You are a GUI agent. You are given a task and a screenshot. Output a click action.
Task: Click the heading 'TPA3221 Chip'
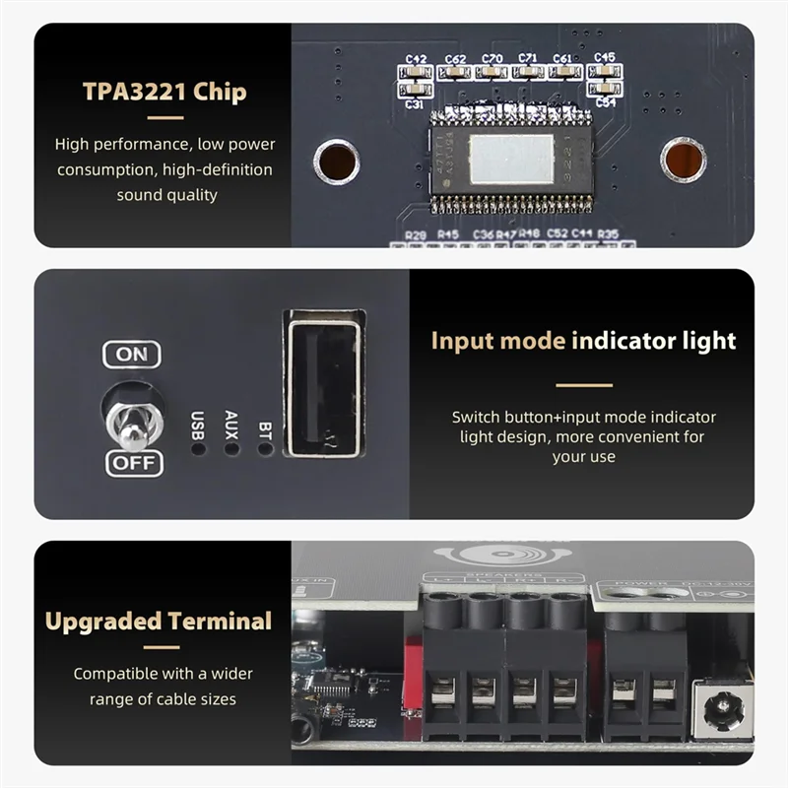(164, 93)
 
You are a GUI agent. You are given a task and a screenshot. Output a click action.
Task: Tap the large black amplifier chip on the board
(510, 159)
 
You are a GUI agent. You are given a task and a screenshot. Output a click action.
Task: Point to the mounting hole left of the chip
(336, 160)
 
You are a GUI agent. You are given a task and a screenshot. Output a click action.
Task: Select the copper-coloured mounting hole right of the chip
(682, 160)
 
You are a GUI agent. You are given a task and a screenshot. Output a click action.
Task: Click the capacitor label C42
(415, 59)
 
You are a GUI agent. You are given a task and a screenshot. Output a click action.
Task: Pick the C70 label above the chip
(492, 59)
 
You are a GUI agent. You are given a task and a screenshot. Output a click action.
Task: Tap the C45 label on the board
(604, 58)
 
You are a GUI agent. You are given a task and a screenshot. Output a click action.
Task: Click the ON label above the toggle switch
(132, 354)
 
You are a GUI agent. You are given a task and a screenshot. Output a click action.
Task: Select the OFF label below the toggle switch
(134, 462)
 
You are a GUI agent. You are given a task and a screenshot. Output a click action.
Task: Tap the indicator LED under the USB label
(198, 448)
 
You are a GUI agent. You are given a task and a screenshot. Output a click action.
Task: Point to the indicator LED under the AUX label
(231, 448)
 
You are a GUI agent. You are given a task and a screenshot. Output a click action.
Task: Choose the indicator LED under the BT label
(264, 448)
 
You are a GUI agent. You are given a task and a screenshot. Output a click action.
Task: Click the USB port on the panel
(324, 385)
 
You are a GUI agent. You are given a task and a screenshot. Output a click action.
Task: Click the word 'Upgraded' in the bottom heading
(103, 622)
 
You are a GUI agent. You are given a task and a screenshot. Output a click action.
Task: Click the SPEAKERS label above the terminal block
(502, 575)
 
